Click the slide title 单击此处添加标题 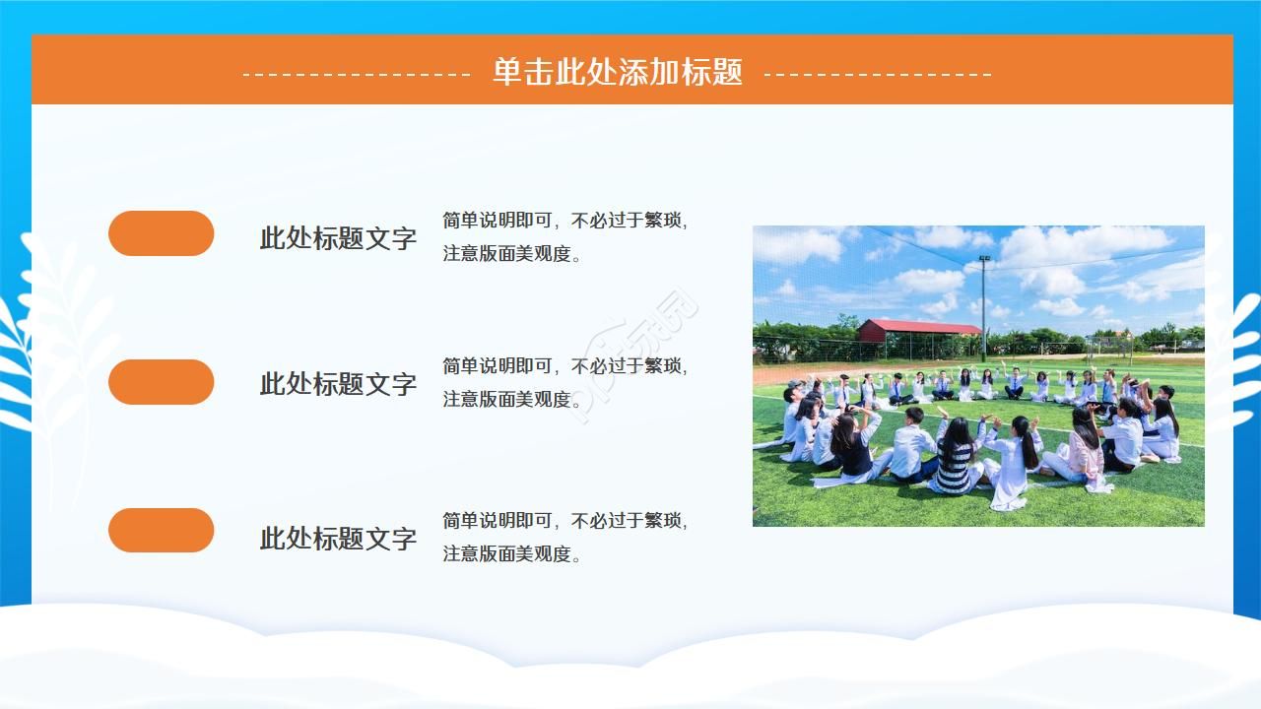pyautogui.click(x=617, y=72)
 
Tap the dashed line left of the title pyautogui.click(x=357, y=74)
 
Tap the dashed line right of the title pyautogui.click(x=878, y=74)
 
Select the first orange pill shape pyautogui.click(x=161, y=233)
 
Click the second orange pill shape pyautogui.click(x=161, y=382)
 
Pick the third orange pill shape pyautogui.click(x=161, y=530)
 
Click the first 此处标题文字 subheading pyautogui.click(x=338, y=238)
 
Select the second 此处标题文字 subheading pyautogui.click(x=338, y=384)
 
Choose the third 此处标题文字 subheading pyautogui.click(x=338, y=539)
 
